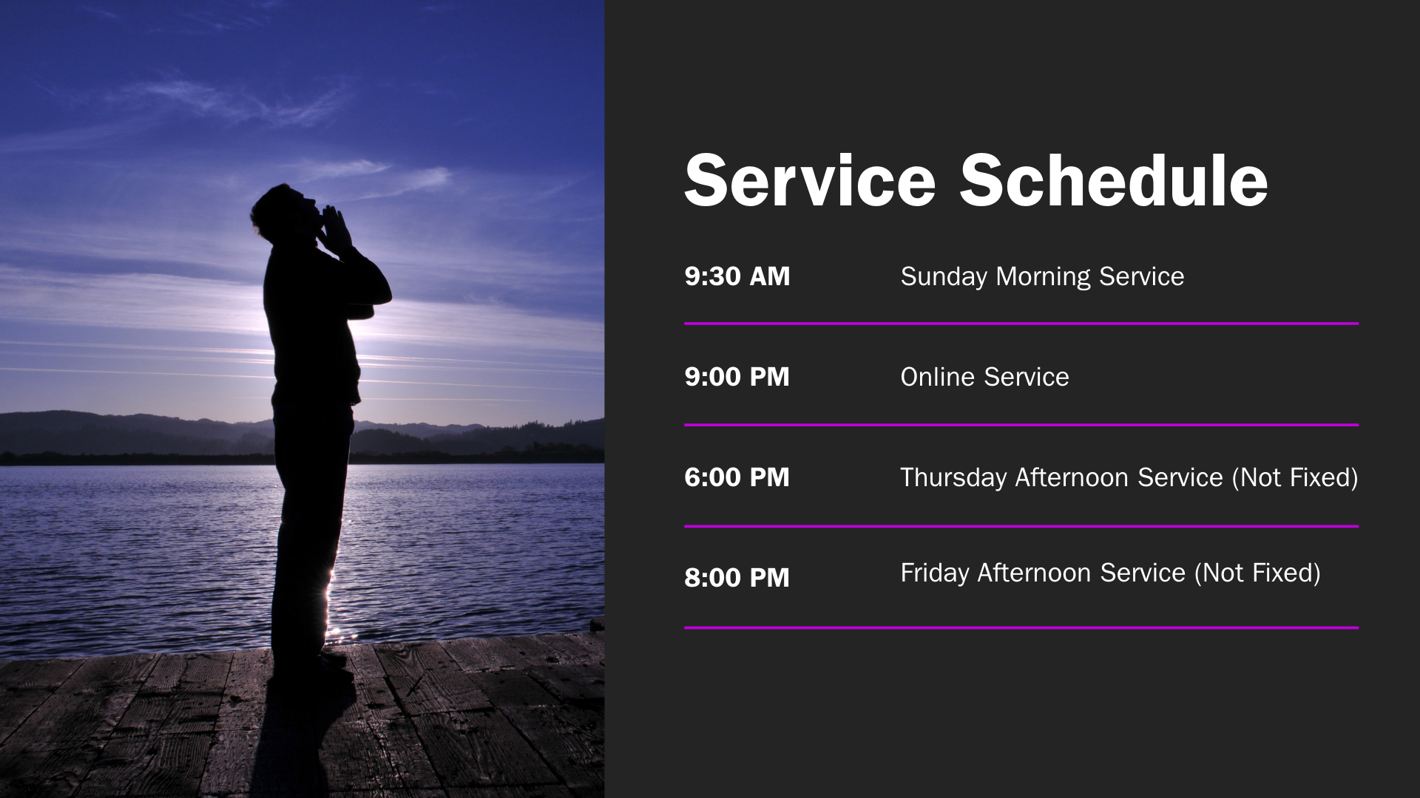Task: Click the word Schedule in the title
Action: pyautogui.click(x=1114, y=181)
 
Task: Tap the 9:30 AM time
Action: pyautogui.click(x=737, y=276)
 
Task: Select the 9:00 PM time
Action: pyautogui.click(x=737, y=377)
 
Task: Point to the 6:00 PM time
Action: pyautogui.click(x=737, y=477)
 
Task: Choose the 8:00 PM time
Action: pyautogui.click(x=737, y=578)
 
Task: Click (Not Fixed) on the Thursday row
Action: pyautogui.click(x=1295, y=478)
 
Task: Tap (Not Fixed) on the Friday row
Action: pyautogui.click(x=1257, y=573)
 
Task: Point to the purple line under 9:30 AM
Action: pyautogui.click(x=1021, y=324)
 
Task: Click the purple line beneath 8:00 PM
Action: pyautogui.click(x=1021, y=628)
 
